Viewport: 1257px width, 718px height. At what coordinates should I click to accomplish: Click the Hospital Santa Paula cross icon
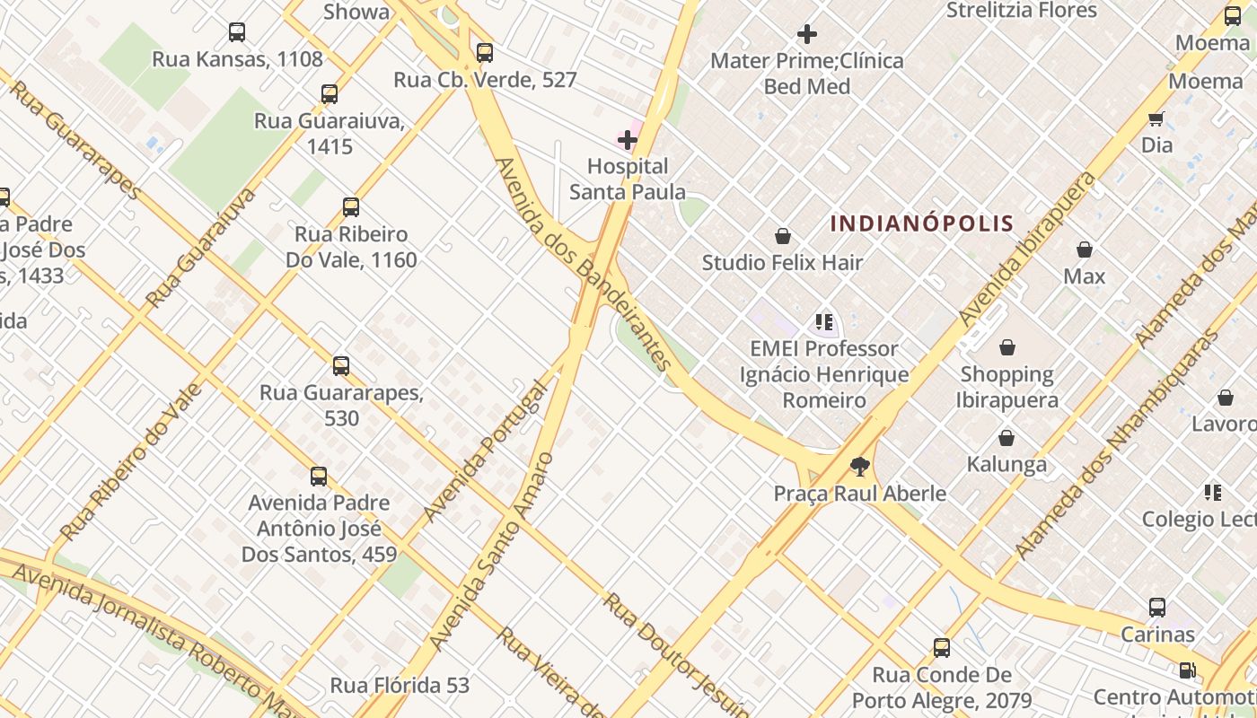coord(627,140)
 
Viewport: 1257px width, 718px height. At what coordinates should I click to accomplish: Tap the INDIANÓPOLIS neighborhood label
coord(921,223)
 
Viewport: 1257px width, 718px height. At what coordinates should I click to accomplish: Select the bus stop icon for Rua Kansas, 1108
coord(236,33)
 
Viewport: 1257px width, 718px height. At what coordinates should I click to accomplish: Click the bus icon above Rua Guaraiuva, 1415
coord(330,94)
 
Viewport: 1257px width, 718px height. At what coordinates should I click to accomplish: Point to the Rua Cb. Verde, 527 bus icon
coord(485,53)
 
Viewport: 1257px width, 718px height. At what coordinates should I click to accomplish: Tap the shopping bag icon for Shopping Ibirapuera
coord(1007,347)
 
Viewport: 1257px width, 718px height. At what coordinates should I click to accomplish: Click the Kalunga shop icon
coord(1006,438)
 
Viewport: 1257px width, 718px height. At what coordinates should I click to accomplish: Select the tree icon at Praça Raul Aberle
coord(860,466)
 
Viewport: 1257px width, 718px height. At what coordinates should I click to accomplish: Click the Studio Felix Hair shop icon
coord(782,236)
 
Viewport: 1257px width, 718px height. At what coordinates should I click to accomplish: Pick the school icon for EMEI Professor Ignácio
coord(824,321)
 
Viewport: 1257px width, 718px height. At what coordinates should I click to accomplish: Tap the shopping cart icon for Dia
coord(1156,118)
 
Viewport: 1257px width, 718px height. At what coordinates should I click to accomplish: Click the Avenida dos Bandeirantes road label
coord(584,264)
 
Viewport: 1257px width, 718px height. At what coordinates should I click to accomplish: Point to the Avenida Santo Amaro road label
coord(492,551)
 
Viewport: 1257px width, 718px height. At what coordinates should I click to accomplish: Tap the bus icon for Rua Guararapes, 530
coord(341,366)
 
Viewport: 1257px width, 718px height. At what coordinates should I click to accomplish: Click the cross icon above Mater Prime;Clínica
coord(807,35)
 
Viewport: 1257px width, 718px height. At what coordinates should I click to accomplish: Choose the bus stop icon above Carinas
coord(1157,608)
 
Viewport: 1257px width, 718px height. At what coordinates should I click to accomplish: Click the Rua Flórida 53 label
coord(400,686)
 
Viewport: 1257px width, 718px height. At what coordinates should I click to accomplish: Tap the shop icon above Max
coord(1085,250)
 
